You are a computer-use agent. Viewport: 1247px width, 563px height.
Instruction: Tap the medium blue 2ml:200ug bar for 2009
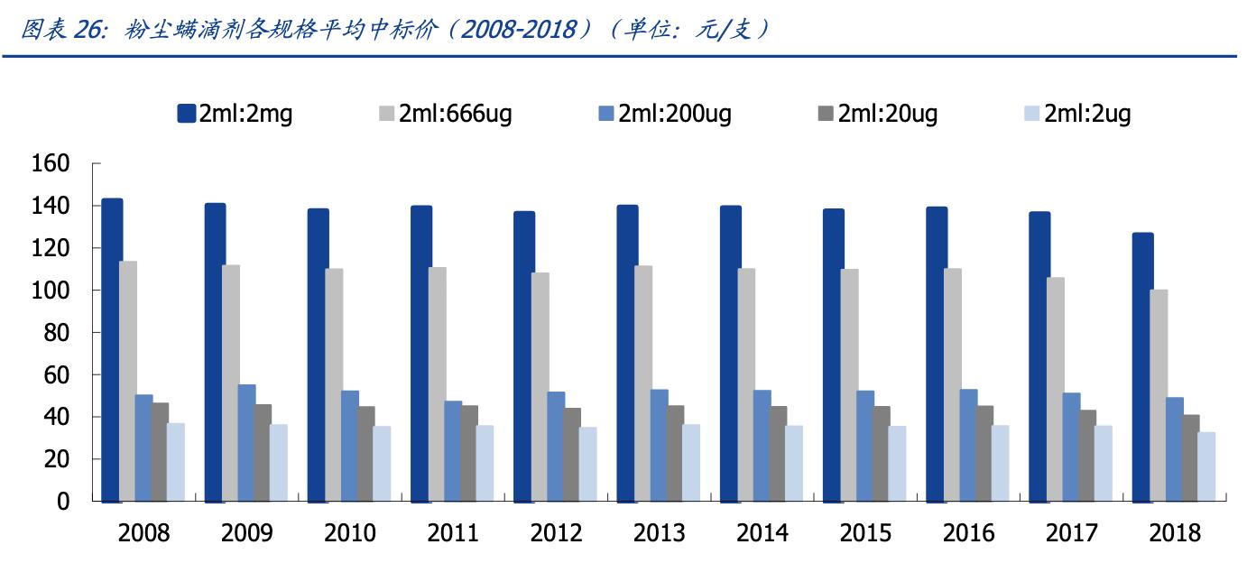pos(246,443)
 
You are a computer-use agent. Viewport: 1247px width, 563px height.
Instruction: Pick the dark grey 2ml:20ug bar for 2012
pos(572,455)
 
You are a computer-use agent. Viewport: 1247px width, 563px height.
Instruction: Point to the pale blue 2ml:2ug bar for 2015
pos(897,464)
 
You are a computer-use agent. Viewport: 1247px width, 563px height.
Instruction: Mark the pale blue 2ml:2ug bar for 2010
pos(382,464)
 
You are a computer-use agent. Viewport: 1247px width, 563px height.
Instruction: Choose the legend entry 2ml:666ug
pos(456,114)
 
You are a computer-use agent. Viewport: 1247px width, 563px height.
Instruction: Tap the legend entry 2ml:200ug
pos(674,114)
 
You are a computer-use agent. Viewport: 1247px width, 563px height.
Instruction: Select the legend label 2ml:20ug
pos(887,114)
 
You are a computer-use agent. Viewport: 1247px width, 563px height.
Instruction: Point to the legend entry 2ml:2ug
pos(1087,114)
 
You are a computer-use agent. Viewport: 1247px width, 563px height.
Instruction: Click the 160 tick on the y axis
pos(51,164)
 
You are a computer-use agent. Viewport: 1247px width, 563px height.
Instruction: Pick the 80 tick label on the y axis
pos(57,333)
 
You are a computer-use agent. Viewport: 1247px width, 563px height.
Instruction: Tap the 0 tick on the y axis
pos(63,502)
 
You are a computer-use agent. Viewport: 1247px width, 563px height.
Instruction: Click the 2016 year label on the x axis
pos(968,533)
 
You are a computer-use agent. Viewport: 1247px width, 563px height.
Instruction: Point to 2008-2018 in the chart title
pos(520,30)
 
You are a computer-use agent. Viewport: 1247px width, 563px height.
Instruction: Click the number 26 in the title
pos(85,30)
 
